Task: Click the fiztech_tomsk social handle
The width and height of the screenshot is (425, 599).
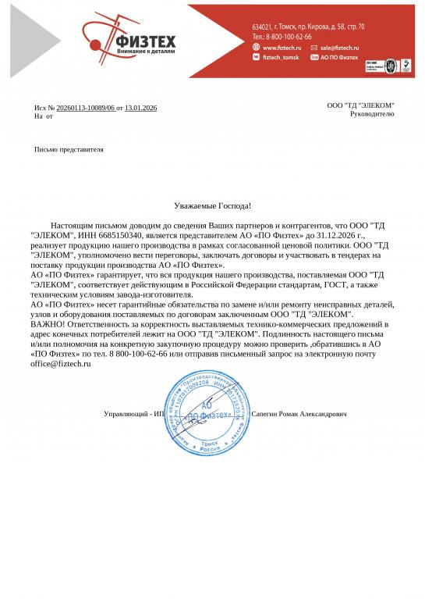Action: [x=281, y=58]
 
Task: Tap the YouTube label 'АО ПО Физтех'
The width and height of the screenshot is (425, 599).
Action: [x=339, y=58]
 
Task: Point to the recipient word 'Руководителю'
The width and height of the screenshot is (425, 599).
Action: [x=372, y=113]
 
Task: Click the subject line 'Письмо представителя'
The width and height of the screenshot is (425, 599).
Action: [x=69, y=149]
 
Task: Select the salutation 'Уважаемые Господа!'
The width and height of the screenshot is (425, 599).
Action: [x=212, y=205]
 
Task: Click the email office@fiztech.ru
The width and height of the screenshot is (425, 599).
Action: [x=55, y=365]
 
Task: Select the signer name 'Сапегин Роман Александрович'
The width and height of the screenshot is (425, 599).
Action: [x=300, y=414]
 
